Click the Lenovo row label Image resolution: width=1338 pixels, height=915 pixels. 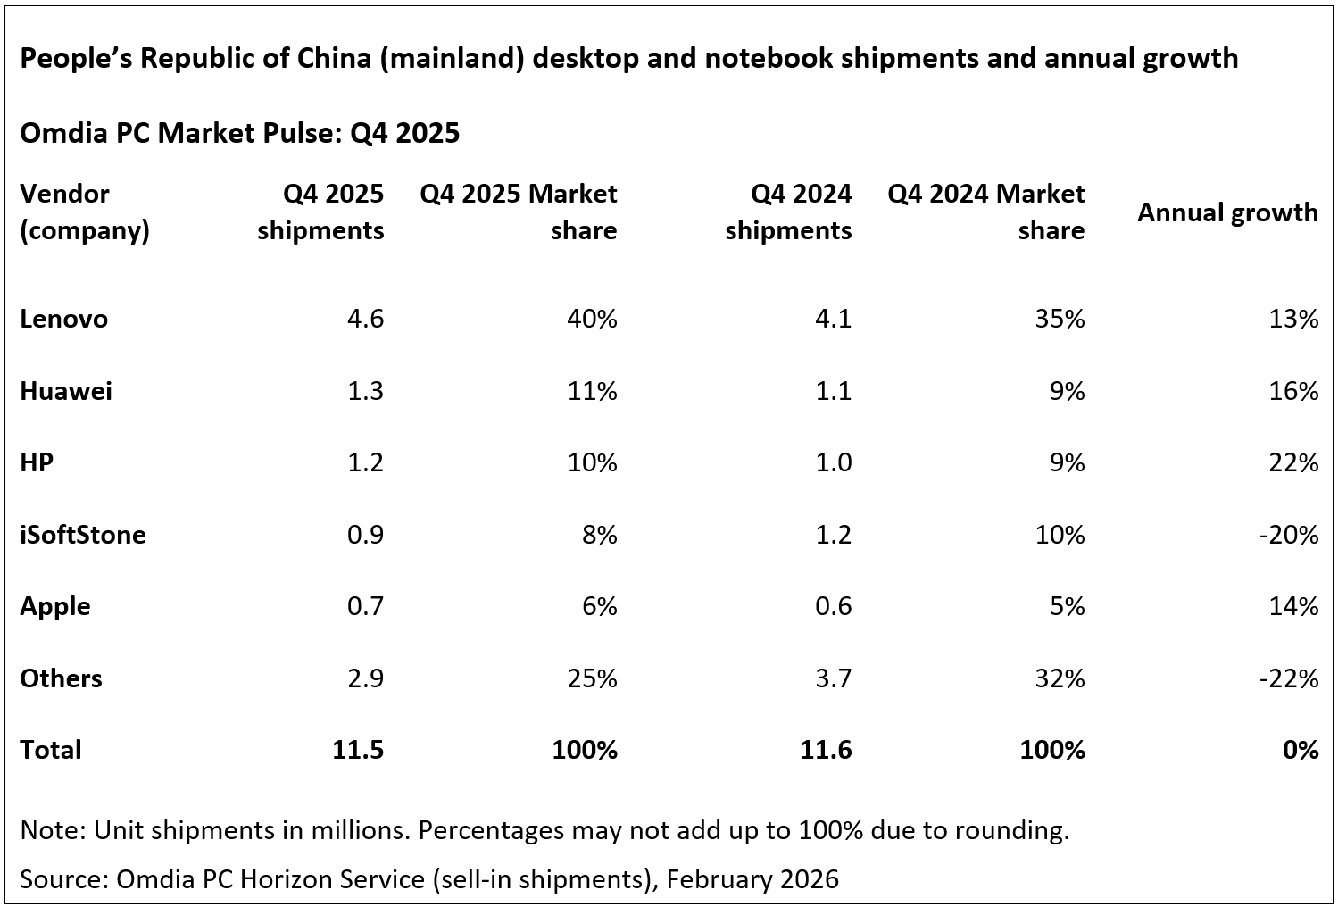[63, 319]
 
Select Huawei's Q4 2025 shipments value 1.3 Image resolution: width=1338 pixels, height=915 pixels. [365, 391]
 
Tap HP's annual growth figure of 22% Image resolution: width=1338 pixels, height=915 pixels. [1293, 462]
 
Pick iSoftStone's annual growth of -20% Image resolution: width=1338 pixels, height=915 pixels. [1288, 535]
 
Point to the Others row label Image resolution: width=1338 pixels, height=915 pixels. [61, 678]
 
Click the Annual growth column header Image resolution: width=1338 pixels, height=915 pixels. [1227, 212]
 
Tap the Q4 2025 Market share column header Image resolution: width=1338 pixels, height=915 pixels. [519, 212]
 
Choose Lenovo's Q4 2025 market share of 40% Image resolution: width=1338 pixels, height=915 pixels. [592, 319]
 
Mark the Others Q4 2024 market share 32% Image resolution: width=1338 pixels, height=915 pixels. [1060, 678]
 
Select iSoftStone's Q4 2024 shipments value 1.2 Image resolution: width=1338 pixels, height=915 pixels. [834, 535]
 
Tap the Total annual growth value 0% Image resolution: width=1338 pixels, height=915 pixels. [1300, 750]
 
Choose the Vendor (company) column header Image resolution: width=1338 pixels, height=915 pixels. [84, 212]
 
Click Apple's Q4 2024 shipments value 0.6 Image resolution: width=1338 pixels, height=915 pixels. [834, 606]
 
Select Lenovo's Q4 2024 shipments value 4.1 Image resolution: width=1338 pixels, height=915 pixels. [834, 319]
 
